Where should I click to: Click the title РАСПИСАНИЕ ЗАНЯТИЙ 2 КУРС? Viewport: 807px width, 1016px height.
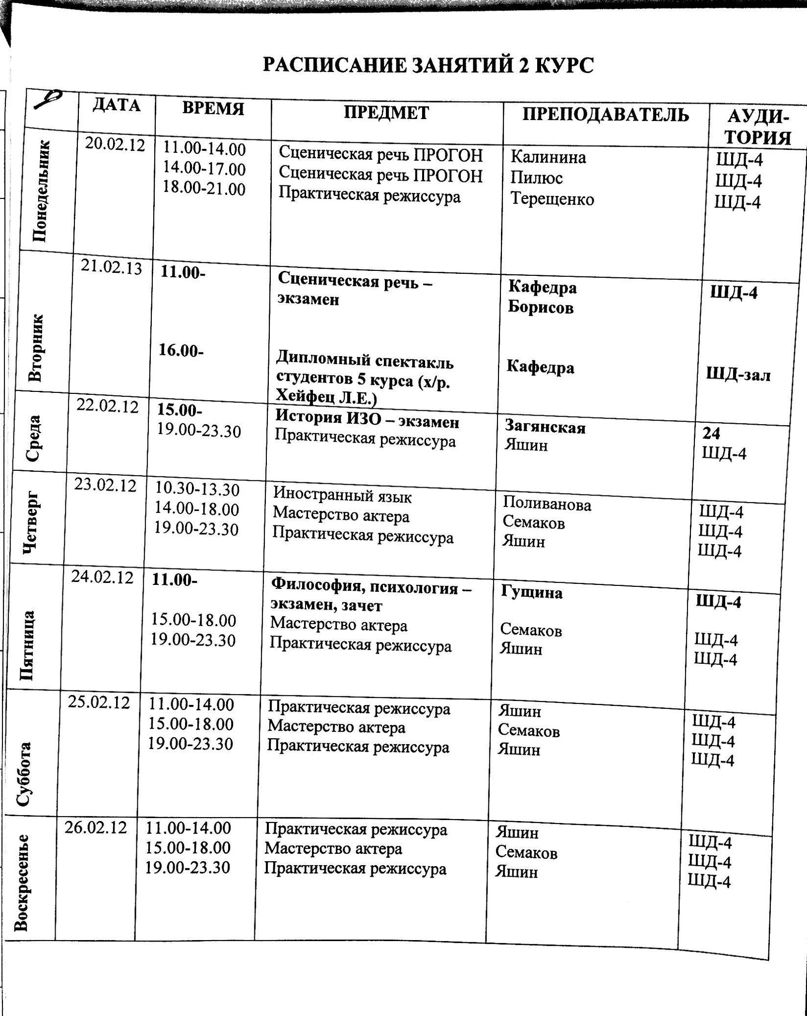[x=428, y=66]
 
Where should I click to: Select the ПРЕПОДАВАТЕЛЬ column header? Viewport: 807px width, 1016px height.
[x=605, y=115]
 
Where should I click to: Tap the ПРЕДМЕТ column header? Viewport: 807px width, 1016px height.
[x=386, y=113]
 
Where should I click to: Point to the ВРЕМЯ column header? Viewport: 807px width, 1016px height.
[x=213, y=109]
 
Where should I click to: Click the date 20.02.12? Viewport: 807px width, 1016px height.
[x=115, y=145]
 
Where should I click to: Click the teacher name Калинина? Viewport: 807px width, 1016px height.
[x=548, y=158]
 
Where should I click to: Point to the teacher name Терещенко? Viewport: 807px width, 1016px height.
[x=552, y=199]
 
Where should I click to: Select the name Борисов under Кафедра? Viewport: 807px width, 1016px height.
[x=541, y=308]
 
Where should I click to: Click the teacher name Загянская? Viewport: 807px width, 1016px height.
[x=545, y=427]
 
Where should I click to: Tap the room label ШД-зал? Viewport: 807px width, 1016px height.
[x=738, y=375]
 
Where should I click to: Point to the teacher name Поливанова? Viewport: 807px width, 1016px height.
[x=547, y=505]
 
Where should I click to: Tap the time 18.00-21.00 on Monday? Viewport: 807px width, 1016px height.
[x=204, y=189]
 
